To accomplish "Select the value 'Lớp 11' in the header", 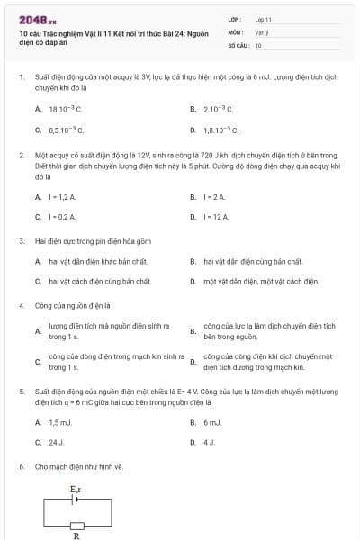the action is (263, 19).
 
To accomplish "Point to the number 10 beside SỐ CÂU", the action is (258, 44).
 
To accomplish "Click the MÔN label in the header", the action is (236, 31).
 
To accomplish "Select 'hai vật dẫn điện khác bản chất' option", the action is (97, 261).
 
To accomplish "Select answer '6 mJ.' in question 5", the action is (212, 422).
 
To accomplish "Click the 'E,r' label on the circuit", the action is (76, 489).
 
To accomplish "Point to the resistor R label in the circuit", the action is (76, 535).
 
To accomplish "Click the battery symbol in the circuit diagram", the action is (76, 499).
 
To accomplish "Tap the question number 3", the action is (21, 241).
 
